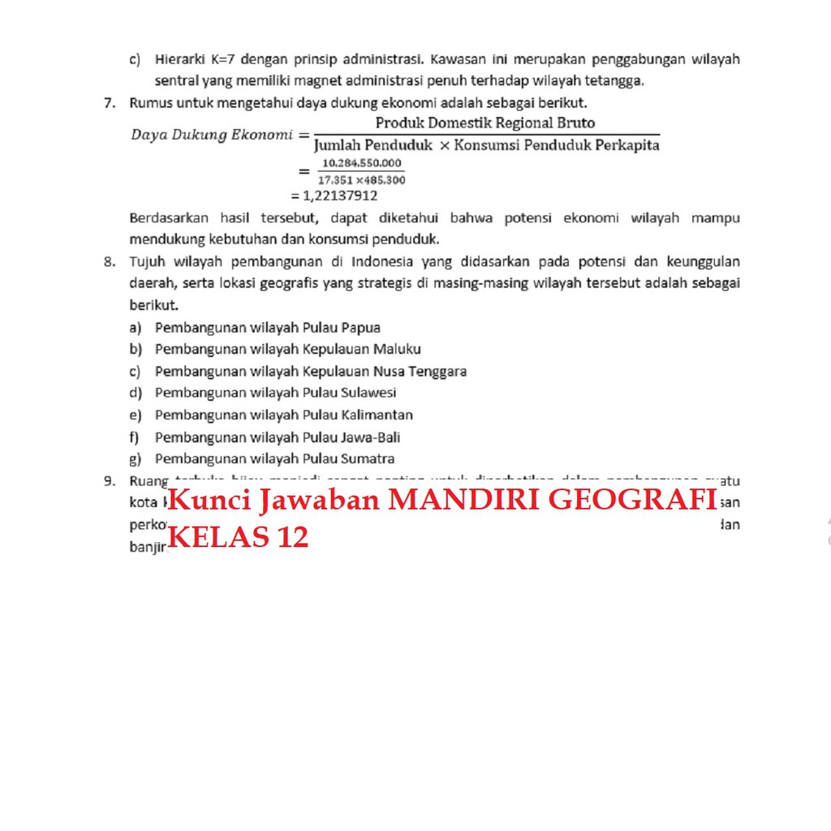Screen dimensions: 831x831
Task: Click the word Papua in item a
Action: pyautogui.click(x=361, y=328)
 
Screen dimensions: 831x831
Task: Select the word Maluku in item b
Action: pyautogui.click(x=397, y=350)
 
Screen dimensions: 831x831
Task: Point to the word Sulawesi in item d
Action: pyautogui.click(x=368, y=393)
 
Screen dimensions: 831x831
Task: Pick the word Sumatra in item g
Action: pyautogui.click(x=368, y=459)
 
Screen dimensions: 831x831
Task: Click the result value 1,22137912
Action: pyautogui.click(x=340, y=196)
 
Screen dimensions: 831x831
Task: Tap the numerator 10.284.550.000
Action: pyautogui.click(x=361, y=163)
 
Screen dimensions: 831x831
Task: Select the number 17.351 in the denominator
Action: pyautogui.click(x=334, y=179)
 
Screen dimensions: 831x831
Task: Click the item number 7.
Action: pyautogui.click(x=108, y=103)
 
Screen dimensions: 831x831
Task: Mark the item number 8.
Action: pyautogui.click(x=108, y=261)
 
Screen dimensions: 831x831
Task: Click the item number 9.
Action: pyautogui.click(x=108, y=480)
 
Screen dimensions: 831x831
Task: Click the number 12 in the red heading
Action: pyautogui.click(x=292, y=536)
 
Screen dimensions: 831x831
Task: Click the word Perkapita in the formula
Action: pyautogui.click(x=626, y=145)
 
